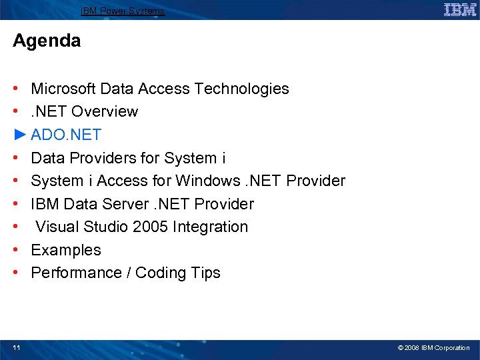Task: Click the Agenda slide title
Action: [47, 41]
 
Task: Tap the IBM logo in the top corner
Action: [460, 10]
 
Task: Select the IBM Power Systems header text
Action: [123, 11]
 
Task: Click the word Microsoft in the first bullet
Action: [63, 89]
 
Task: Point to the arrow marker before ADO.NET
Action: [19, 135]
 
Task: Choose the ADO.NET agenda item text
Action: [66, 135]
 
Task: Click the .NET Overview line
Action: [85, 111]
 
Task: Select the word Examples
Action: [66, 250]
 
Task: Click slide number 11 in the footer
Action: [16, 348]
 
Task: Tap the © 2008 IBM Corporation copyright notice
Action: [433, 348]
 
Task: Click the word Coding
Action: [161, 273]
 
